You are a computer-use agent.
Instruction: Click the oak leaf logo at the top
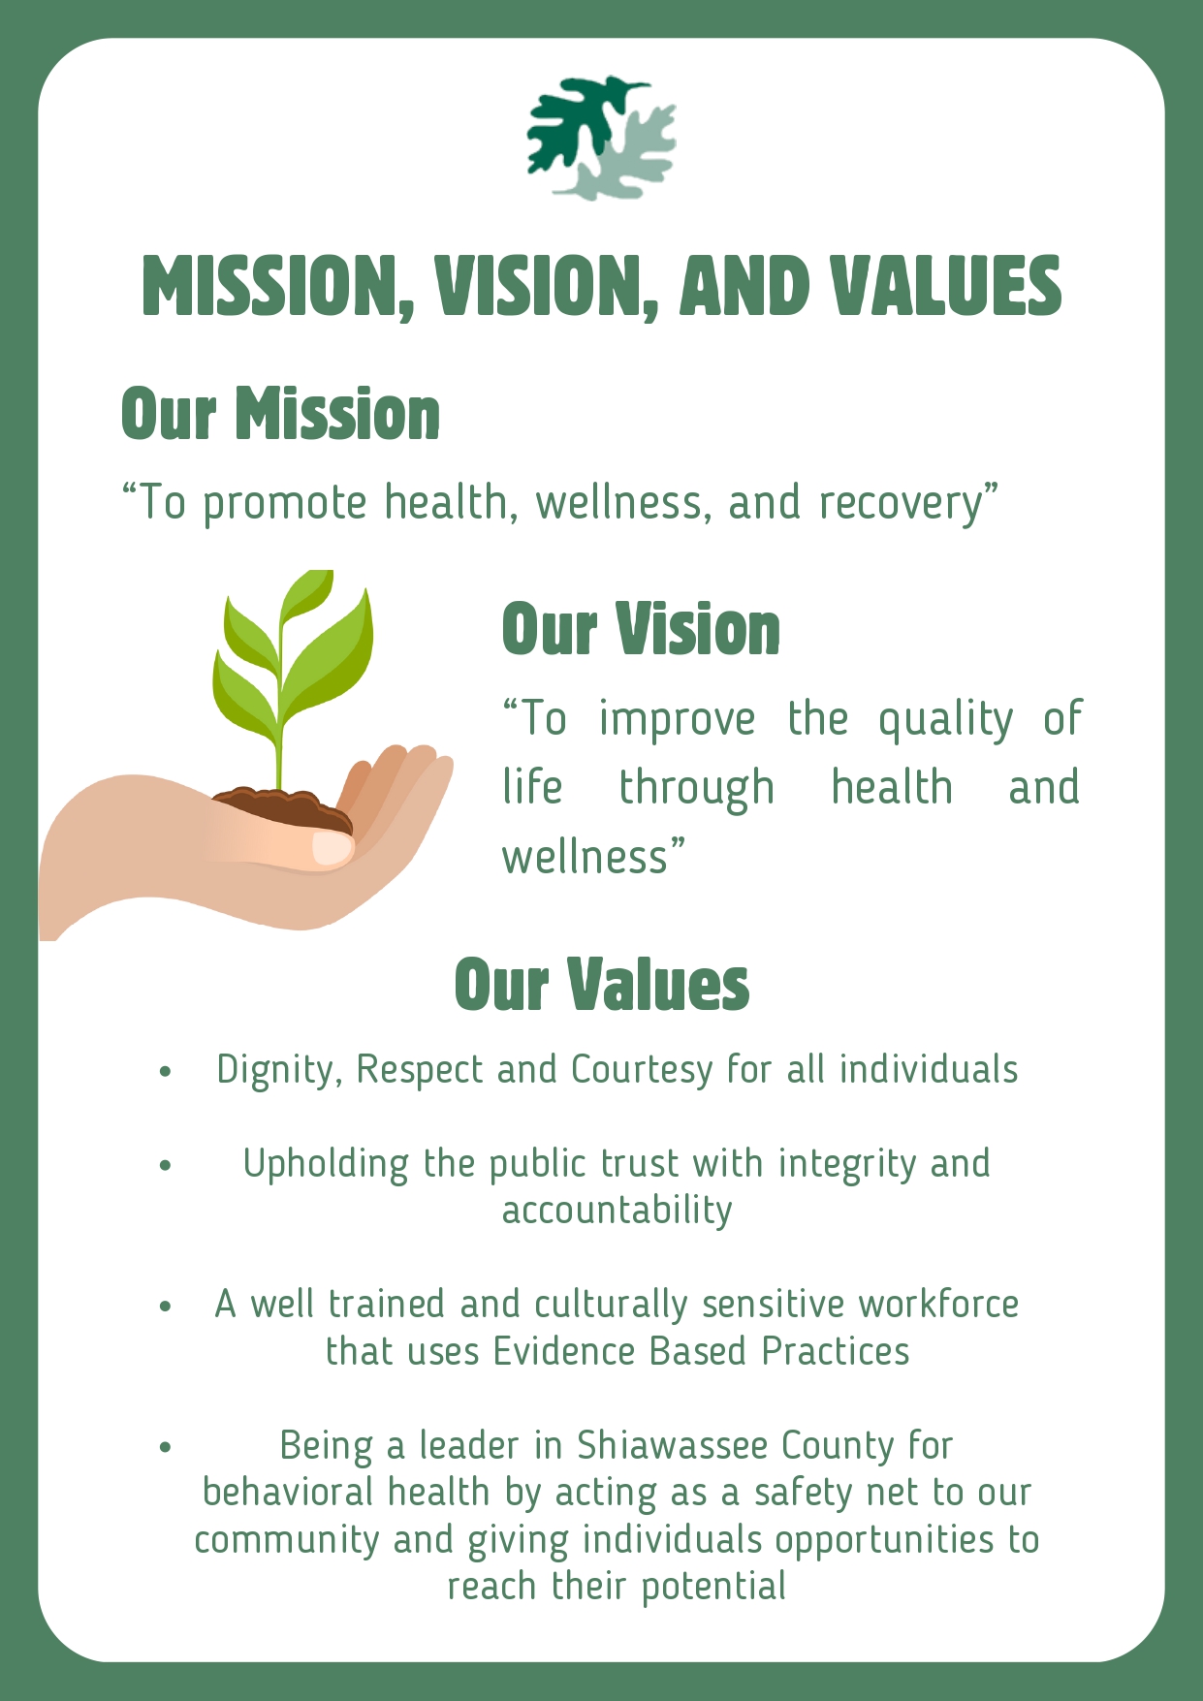pos(601,139)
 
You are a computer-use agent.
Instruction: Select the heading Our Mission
pos(280,414)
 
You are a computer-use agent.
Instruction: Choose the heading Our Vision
pos(641,629)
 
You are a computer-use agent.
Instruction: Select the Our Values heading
pos(601,984)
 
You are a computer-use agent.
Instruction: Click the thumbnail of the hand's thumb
pos(332,847)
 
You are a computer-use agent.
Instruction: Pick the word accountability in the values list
pos(617,1211)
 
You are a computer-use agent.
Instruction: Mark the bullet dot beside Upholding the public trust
pos(166,1165)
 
